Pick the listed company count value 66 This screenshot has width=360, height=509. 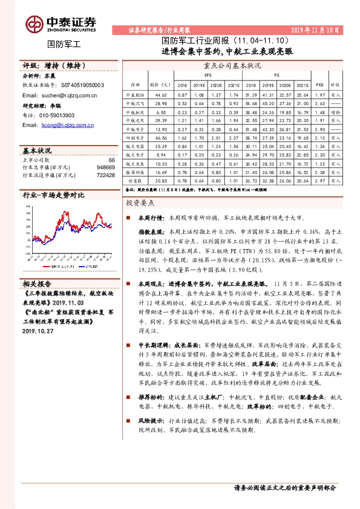tap(111, 160)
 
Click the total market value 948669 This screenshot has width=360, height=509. tap(106, 167)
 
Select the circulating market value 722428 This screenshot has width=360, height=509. tap(106, 175)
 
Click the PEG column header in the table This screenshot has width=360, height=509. tap(319, 85)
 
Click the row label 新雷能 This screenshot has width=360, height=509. tap(132, 181)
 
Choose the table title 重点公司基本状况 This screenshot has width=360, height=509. tap(232, 65)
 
